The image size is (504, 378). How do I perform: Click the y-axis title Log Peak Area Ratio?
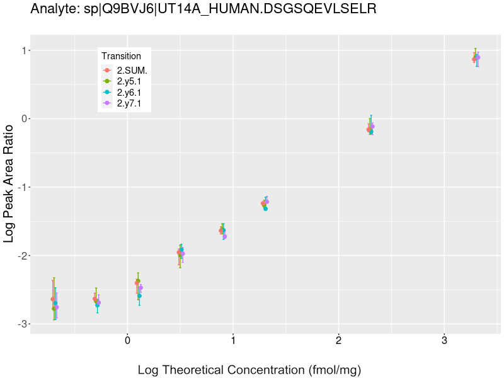point(9,183)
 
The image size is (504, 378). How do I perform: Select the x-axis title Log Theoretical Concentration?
point(249,369)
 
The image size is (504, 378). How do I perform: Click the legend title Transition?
point(121,56)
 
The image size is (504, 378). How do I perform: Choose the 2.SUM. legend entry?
point(132,70)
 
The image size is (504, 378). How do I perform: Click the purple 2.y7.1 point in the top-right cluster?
point(478,57)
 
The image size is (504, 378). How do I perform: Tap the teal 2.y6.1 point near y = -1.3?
point(265,208)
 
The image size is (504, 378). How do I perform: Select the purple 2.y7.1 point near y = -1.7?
point(224,236)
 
